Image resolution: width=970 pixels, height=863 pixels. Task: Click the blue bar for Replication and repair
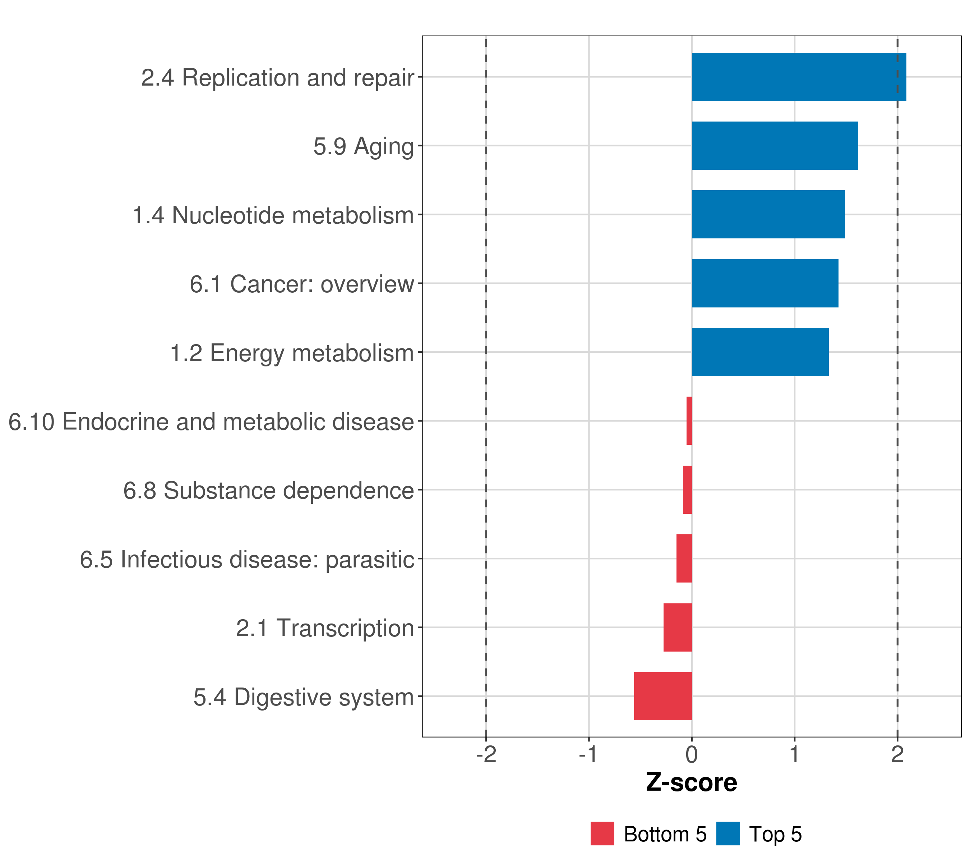(799, 77)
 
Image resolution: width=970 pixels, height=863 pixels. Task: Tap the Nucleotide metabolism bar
(768, 214)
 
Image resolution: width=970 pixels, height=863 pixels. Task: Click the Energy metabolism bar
(760, 352)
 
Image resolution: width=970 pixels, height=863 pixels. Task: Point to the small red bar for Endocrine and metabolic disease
(689, 421)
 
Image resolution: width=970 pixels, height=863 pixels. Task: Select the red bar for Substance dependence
(687, 490)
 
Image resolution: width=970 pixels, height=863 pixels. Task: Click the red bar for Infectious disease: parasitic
(684, 558)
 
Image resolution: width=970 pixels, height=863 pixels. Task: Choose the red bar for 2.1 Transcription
(677, 627)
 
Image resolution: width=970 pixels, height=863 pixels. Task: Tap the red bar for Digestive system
(662, 696)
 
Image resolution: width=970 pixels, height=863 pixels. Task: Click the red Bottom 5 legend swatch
(602, 834)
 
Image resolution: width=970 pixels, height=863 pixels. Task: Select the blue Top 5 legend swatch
(728, 834)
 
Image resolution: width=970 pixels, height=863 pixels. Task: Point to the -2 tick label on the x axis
(486, 754)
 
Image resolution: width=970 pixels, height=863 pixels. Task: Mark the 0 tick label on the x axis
(692, 754)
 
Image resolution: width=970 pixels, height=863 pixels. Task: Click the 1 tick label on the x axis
(794, 754)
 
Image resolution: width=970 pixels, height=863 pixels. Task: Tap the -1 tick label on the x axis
(588, 754)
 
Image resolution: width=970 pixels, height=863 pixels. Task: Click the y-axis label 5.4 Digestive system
(304, 697)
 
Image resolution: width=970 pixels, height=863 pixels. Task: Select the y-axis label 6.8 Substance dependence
(269, 490)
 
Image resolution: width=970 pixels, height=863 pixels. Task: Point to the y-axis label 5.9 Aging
(364, 146)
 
